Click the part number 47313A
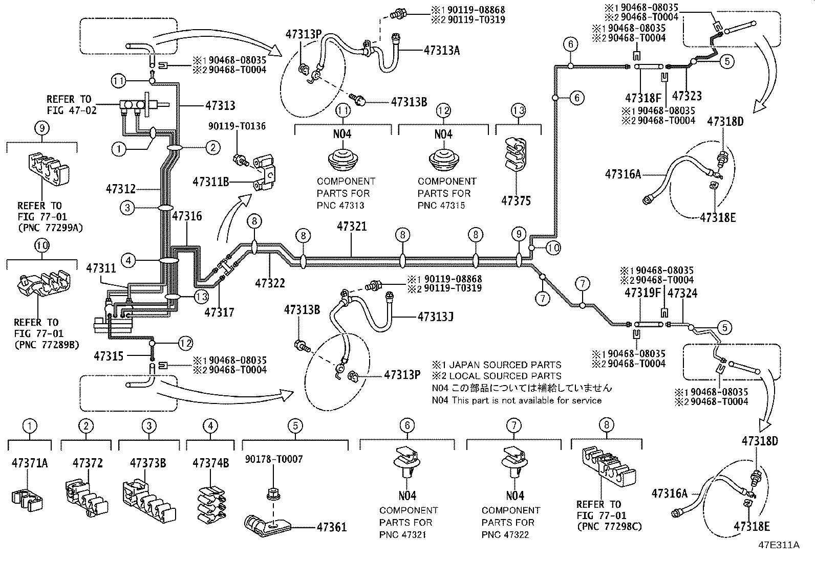(442, 50)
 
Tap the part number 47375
(516, 201)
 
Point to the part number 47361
(331, 527)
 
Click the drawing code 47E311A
(779, 545)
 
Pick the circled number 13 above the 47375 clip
(518, 110)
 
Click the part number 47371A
(30, 463)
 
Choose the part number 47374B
(210, 463)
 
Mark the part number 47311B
(211, 181)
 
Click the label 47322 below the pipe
(270, 283)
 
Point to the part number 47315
(110, 356)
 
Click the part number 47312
(121, 189)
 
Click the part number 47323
(687, 96)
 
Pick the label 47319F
(642, 294)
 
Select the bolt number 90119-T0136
(237, 126)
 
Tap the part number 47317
(219, 311)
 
